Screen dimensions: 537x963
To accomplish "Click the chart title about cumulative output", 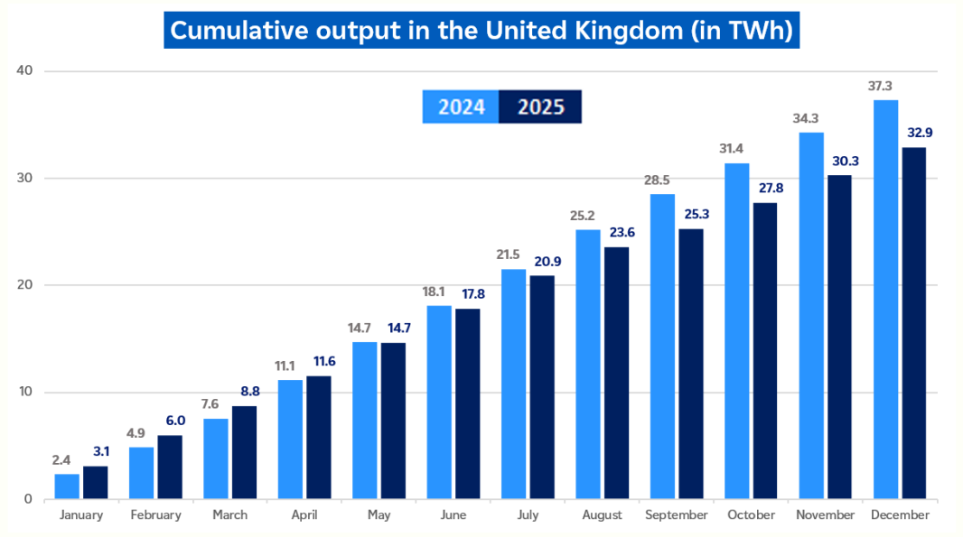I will [481, 30].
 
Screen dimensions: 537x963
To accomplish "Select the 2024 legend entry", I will [462, 107].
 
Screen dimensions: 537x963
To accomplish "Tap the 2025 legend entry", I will [540, 107].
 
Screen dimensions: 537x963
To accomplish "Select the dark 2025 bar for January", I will [96, 483].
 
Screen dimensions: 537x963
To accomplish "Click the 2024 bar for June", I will [439, 403].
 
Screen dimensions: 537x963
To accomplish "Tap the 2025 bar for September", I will [691, 364].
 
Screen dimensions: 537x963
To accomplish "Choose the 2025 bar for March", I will [245, 452].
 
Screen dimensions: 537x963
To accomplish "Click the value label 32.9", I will [914, 133].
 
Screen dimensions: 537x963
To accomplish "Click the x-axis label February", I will [155, 515].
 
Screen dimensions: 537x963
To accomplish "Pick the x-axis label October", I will [751, 515].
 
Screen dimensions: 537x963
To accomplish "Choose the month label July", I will [528, 515].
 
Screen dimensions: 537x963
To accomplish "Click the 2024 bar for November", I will [811, 316].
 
